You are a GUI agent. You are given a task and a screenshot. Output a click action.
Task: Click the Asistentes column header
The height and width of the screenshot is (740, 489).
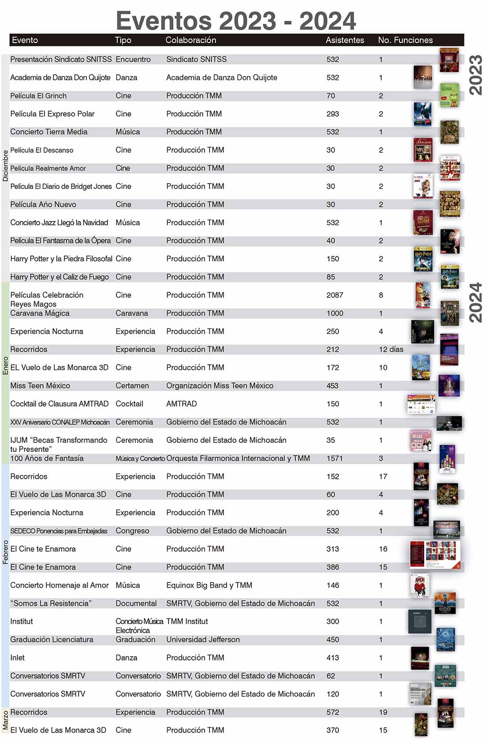pyautogui.click(x=345, y=40)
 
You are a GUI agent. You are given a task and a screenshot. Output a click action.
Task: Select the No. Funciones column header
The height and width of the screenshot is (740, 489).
pyautogui.click(x=405, y=40)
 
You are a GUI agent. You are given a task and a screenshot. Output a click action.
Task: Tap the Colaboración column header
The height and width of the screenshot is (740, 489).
pyautogui.click(x=191, y=40)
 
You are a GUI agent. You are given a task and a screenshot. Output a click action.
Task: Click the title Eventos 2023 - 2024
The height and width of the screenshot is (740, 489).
pyautogui.click(x=236, y=21)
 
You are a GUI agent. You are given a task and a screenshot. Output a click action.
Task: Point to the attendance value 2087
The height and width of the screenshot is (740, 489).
pyautogui.click(x=335, y=295)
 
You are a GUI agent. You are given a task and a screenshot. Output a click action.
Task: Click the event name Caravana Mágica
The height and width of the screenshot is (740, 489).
pyautogui.click(x=40, y=313)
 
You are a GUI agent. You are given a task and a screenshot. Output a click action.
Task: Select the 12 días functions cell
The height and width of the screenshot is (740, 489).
pyautogui.click(x=391, y=350)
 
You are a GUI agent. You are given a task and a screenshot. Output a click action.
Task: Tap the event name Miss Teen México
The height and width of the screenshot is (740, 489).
pyautogui.click(x=40, y=386)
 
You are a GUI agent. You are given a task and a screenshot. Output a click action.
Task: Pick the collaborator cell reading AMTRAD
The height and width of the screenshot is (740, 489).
pyautogui.click(x=181, y=404)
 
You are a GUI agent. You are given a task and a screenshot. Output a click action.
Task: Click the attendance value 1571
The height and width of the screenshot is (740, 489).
pyautogui.click(x=335, y=458)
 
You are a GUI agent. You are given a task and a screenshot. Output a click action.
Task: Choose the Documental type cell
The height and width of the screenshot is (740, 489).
pyautogui.click(x=136, y=604)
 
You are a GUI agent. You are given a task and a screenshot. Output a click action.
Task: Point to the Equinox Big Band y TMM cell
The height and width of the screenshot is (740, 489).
pyautogui.click(x=209, y=585)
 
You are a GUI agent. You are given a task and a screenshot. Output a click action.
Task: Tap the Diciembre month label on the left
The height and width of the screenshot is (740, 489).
pyautogui.click(x=5, y=166)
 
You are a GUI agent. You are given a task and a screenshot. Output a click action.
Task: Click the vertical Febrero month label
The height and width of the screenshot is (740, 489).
pyautogui.click(x=5, y=552)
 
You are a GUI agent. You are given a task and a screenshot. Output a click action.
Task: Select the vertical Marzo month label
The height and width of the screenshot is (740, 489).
pyautogui.click(x=5, y=720)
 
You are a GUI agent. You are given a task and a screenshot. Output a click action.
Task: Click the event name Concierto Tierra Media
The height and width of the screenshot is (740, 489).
pyautogui.click(x=49, y=132)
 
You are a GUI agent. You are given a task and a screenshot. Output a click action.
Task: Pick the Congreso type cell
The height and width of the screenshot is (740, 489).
pyautogui.click(x=132, y=531)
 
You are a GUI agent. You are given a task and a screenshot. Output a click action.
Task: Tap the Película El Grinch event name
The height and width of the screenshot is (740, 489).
pyautogui.click(x=38, y=96)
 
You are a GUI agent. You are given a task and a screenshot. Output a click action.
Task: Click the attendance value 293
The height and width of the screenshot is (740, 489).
pyautogui.click(x=333, y=114)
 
